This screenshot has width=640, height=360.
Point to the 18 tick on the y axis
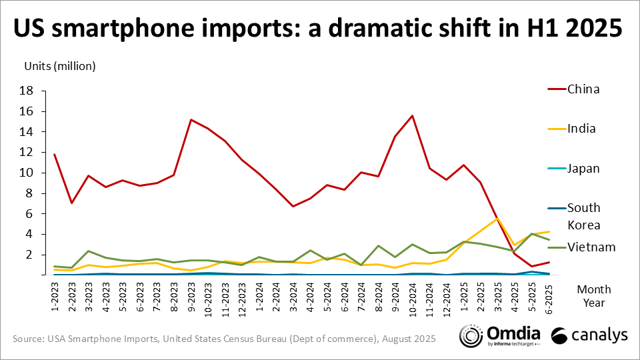click(26, 91)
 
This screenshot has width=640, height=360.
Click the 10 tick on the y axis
click(26, 173)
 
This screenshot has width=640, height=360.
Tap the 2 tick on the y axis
click(29, 255)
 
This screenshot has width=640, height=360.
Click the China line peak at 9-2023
click(191, 120)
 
